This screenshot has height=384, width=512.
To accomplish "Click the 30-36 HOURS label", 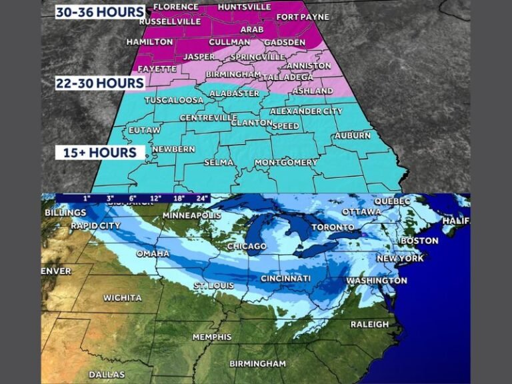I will coord(100,12).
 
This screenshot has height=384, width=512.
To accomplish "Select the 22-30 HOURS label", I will coord(100,83).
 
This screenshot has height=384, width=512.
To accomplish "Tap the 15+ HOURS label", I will coord(99,153).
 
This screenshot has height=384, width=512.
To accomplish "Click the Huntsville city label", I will coord(245,7).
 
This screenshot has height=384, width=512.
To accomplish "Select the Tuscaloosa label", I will coord(174,100).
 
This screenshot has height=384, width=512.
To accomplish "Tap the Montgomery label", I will coord(286,163).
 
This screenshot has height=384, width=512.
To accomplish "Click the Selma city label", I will coord(219,163).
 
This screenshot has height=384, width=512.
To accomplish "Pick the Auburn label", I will coord(353,135).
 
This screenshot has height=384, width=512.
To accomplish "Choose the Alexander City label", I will coord(305,111).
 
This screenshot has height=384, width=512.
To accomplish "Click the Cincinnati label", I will coord(285,278).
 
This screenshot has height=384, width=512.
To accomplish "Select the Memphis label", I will coord(212,337).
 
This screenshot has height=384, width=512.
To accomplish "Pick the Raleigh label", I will coord(369,325).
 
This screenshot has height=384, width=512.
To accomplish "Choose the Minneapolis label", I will coord(192,216).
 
